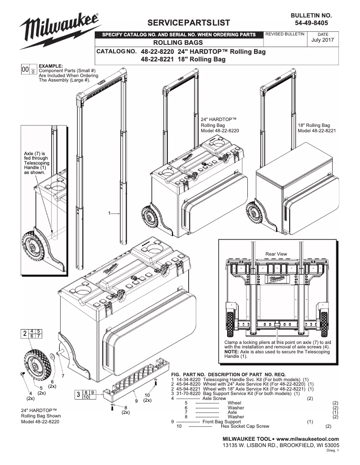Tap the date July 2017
point(323,40)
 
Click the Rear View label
point(276,254)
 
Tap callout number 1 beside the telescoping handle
point(110,213)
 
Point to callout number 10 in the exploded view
point(147,395)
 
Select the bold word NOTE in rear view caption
point(232,352)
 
